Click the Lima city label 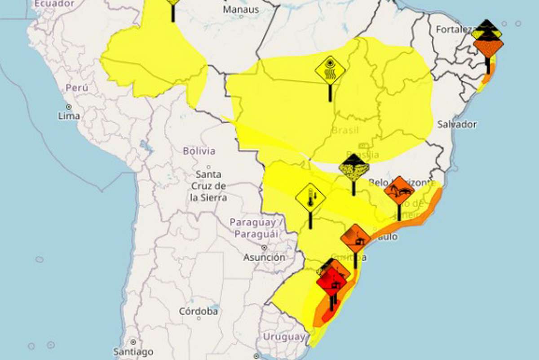(x=69, y=116)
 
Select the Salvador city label (x=457, y=124)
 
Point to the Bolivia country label (x=199, y=151)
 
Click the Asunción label (x=264, y=258)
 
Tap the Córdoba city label (x=199, y=311)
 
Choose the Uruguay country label (x=284, y=337)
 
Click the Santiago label (x=133, y=351)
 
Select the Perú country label (x=77, y=88)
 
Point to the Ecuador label (x=54, y=4)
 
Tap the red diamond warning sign (x=331, y=282)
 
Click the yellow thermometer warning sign (x=310, y=198)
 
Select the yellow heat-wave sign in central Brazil (x=330, y=71)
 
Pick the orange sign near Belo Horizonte (x=399, y=190)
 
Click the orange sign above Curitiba (x=355, y=239)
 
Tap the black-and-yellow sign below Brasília (x=354, y=168)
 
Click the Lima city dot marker (x=69, y=107)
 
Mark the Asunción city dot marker (x=264, y=248)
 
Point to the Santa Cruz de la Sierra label (x=208, y=186)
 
